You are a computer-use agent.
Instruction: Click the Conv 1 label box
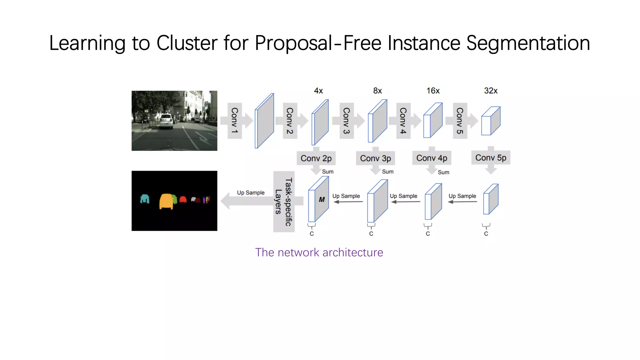[234, 121]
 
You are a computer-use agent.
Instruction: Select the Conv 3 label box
[347, 121]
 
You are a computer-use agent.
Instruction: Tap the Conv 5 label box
[460, 121]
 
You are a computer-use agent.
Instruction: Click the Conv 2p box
[316, 158]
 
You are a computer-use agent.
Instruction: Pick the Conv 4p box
[432, 158]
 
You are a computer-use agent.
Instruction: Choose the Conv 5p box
[491, 158]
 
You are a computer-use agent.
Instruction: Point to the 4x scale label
[318, 91]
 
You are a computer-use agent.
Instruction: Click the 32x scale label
[491, 91]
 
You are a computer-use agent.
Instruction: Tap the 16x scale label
[433, 91]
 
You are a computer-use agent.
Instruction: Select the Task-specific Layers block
[284, 202]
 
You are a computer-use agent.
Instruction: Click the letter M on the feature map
[322, 200]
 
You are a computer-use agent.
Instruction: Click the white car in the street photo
[166, 122]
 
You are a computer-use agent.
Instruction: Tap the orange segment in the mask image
[166, 201]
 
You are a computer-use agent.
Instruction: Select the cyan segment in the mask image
[145, 199]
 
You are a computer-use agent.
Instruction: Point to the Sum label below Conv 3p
[387, 172]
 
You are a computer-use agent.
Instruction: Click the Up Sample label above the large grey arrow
[251, 193]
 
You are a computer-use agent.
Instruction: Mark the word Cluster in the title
[187, 43]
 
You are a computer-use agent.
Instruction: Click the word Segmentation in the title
[528, 43]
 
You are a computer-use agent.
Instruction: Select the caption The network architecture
[319, 252]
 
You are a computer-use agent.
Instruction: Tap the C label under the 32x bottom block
[486, 234]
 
